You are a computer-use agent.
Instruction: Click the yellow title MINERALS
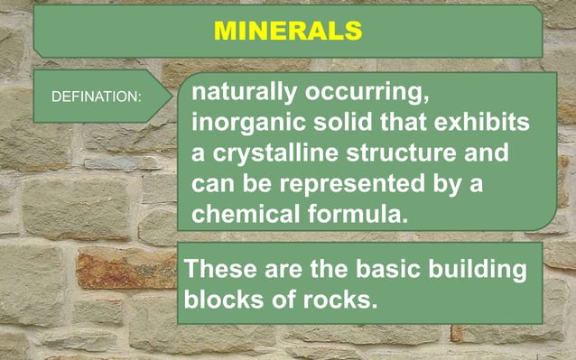(x=288, y=31)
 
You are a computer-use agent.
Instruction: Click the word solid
(x=338, y=123)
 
